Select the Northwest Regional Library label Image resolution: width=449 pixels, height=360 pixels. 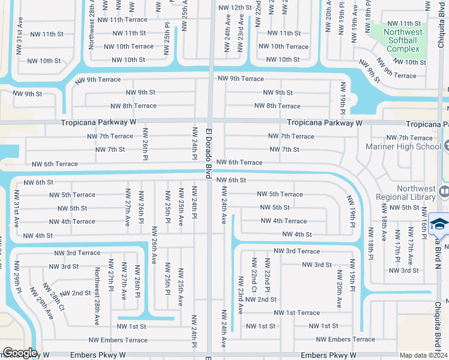coord(405,192)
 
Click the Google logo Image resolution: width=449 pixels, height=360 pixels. coord(19,353)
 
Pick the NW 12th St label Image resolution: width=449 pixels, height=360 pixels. coord(235,8)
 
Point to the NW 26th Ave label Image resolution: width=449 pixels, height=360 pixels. coord(154,245)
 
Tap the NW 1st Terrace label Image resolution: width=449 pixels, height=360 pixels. coord(297,313)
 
